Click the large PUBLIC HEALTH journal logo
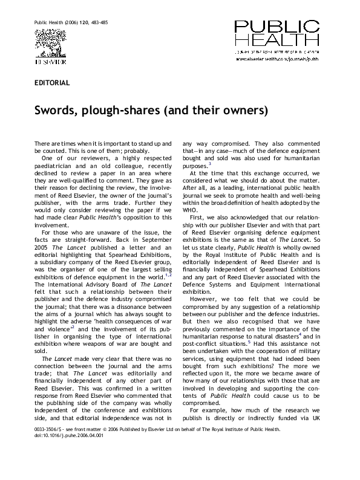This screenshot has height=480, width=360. pyautogui.click(x=278, y=34)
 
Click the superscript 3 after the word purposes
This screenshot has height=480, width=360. pyautogui.click(x=209, y=163)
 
